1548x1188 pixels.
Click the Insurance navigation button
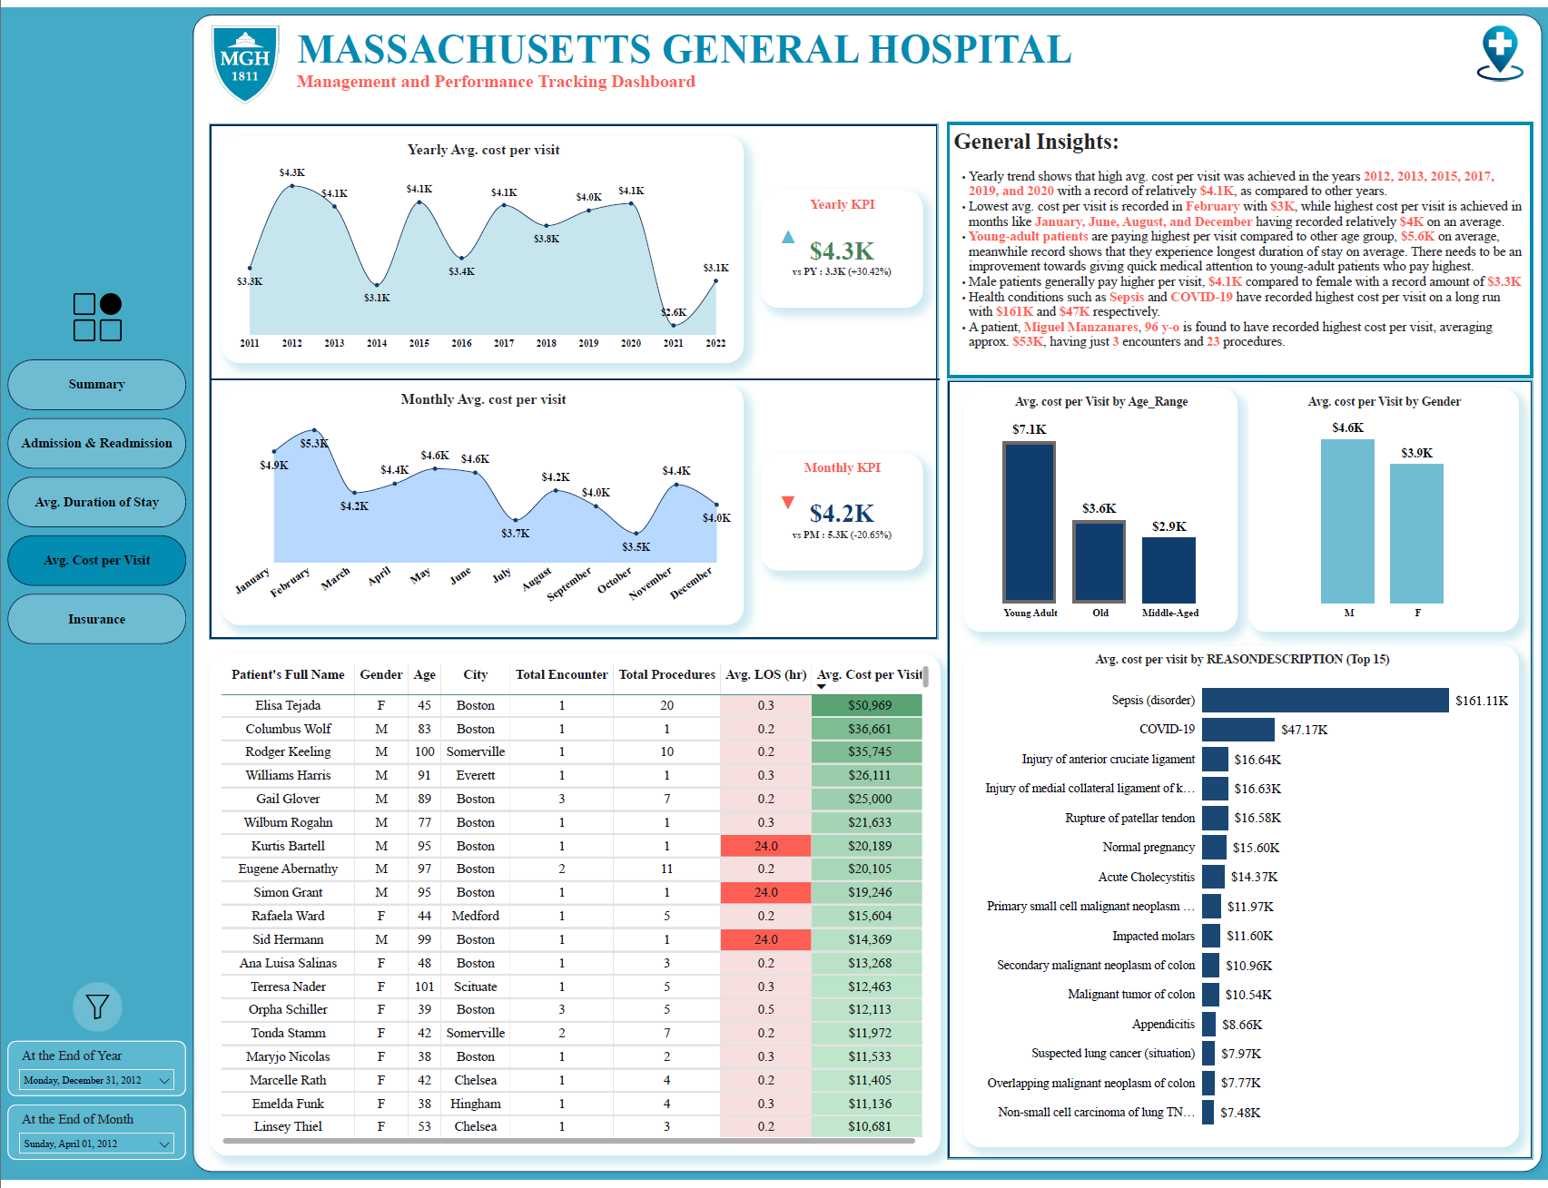(96, 619)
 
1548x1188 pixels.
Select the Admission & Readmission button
(96, 443)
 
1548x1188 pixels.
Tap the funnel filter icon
(97, 1006)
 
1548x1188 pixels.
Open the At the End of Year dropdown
(97, 1080)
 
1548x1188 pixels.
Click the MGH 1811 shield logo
(245, 63)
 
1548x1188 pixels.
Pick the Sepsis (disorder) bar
(1326, 700)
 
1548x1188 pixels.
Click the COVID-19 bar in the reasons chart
(1238, 730)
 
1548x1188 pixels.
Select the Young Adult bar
(1030, 522)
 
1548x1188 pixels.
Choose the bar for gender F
(1417, 534)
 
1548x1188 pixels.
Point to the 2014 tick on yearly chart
(377, 343)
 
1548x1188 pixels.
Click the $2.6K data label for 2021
(674, 312)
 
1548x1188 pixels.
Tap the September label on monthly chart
(569, 584)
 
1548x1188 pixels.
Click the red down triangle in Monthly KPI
(788, 502)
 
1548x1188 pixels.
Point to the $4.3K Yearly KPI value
(842, 250)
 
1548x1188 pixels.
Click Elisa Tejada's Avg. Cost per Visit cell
(867, 705)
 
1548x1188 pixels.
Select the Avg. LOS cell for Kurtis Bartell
(765, 846)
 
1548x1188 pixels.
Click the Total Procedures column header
(667, 674)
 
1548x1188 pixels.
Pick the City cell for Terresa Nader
(476, 987)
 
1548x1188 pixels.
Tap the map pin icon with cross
(1500, 53)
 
